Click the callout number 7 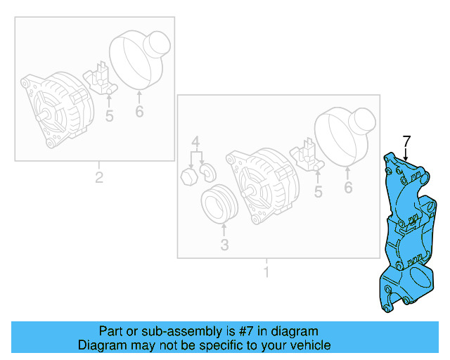(406, 140)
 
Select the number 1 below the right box (266, 270)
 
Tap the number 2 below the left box (99, 177)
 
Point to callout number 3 (225, 245)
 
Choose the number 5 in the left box (109, 116)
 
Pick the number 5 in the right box (319, 192)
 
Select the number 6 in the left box (139, 111)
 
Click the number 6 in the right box (348, 188)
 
